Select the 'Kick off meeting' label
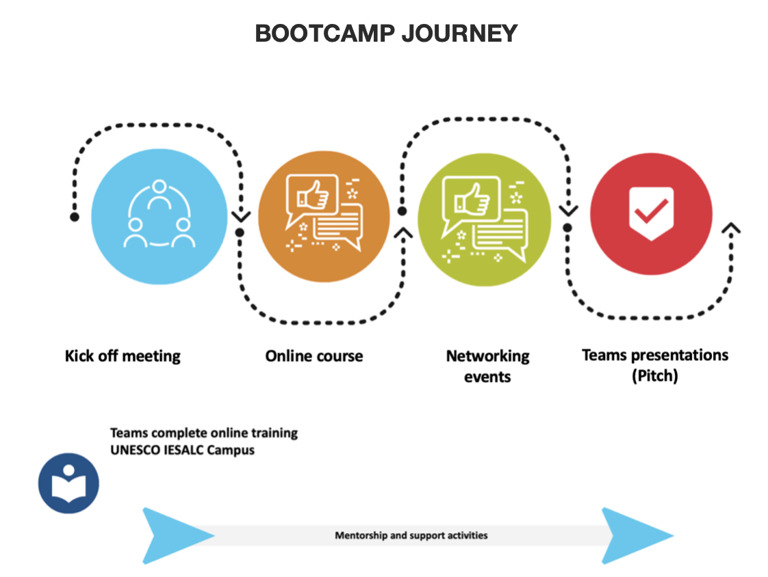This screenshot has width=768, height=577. point(123,356)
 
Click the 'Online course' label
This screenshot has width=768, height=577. point(314,356)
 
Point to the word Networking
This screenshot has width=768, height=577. point(487,356)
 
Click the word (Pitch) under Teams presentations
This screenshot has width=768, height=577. point(655,376)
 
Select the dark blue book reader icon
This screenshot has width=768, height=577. point(68,483)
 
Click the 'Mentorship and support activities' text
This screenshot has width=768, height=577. point(411,535)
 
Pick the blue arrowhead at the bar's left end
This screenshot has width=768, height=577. point(168,535)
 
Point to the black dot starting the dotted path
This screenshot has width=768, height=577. point(75,217)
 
